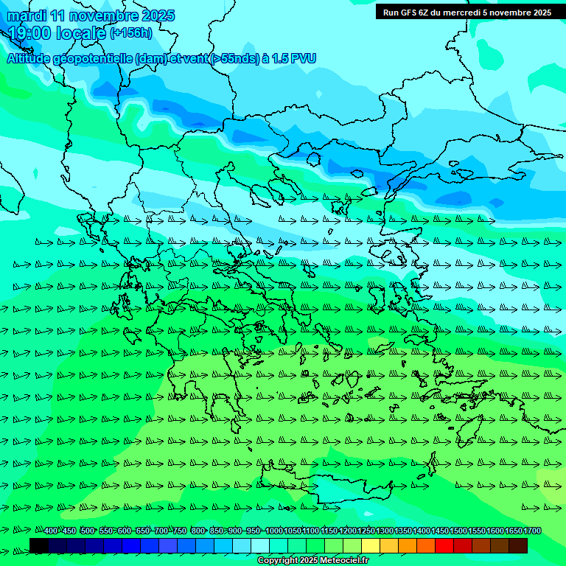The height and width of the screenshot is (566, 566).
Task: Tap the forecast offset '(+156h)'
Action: tap(131, 32)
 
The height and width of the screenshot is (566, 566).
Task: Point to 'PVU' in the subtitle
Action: tap(304, 58)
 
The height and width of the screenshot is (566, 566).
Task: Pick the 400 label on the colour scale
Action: tap(51, 531)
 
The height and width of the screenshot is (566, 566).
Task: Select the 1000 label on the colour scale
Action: tap(274, 531)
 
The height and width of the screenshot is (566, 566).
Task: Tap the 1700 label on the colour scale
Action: tap(533, 531)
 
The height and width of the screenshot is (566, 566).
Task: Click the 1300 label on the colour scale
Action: tap(385, 531)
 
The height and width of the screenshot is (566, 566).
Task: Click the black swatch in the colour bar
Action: tap(39, 545)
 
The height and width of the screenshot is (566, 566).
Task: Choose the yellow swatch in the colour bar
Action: tap(371, 545)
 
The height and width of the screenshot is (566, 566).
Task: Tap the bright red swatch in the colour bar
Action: tap(444, 545)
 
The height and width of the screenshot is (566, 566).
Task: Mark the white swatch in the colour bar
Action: tap(260, 545)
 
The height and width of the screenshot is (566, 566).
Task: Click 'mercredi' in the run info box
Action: tap(467, 13)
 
